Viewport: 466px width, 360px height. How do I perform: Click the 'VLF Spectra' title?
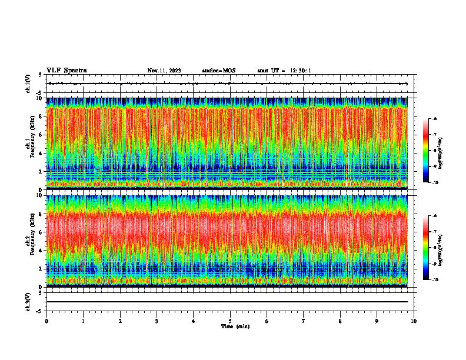[x=66, y=71]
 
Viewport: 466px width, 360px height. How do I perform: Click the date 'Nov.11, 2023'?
[x=164, y=71]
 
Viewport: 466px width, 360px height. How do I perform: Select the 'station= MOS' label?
[x=218, y=71]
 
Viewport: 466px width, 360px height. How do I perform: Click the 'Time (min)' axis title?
[x=235, y=326]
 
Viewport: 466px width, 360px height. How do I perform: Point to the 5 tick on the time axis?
[x=231, y=321]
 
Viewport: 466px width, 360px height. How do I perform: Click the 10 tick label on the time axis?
[x=414, y=321]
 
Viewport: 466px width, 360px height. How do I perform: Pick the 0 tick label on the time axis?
[x=46, y=321]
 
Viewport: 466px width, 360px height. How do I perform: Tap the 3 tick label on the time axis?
[x=157, y=321]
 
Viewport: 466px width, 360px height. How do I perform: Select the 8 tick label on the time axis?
[x=341, y=321]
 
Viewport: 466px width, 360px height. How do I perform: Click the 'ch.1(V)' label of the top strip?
[x=28, y=84]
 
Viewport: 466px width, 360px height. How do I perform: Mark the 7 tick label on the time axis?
[x=304, y=321]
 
